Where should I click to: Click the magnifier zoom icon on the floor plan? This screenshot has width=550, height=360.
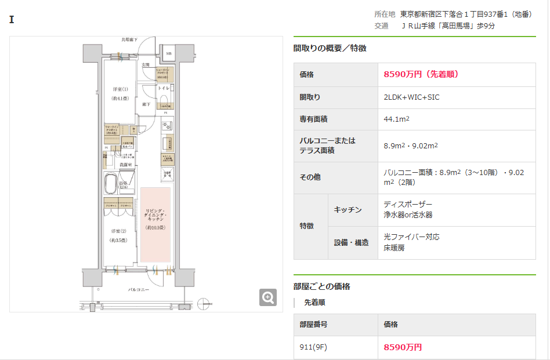click(268, 297)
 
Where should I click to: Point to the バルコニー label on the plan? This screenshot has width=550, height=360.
click(139, 289)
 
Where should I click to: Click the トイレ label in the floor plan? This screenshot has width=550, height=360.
click(164, 88)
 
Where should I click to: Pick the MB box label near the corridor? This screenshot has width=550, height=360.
click(169, 54)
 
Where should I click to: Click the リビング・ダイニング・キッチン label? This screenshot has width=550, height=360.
click(155, 214)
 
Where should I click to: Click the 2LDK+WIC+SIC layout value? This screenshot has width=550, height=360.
click(411, 97)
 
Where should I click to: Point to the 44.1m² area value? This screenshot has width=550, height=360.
click(397, 119)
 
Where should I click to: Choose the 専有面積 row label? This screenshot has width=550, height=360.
click(314, 119)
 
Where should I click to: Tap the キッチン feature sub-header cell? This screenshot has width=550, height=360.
click(348, 210)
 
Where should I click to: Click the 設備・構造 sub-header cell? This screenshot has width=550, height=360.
click(352, 242)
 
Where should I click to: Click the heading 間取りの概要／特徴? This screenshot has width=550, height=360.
click(330, 49)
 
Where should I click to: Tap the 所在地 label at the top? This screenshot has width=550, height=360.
click(385, 14)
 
